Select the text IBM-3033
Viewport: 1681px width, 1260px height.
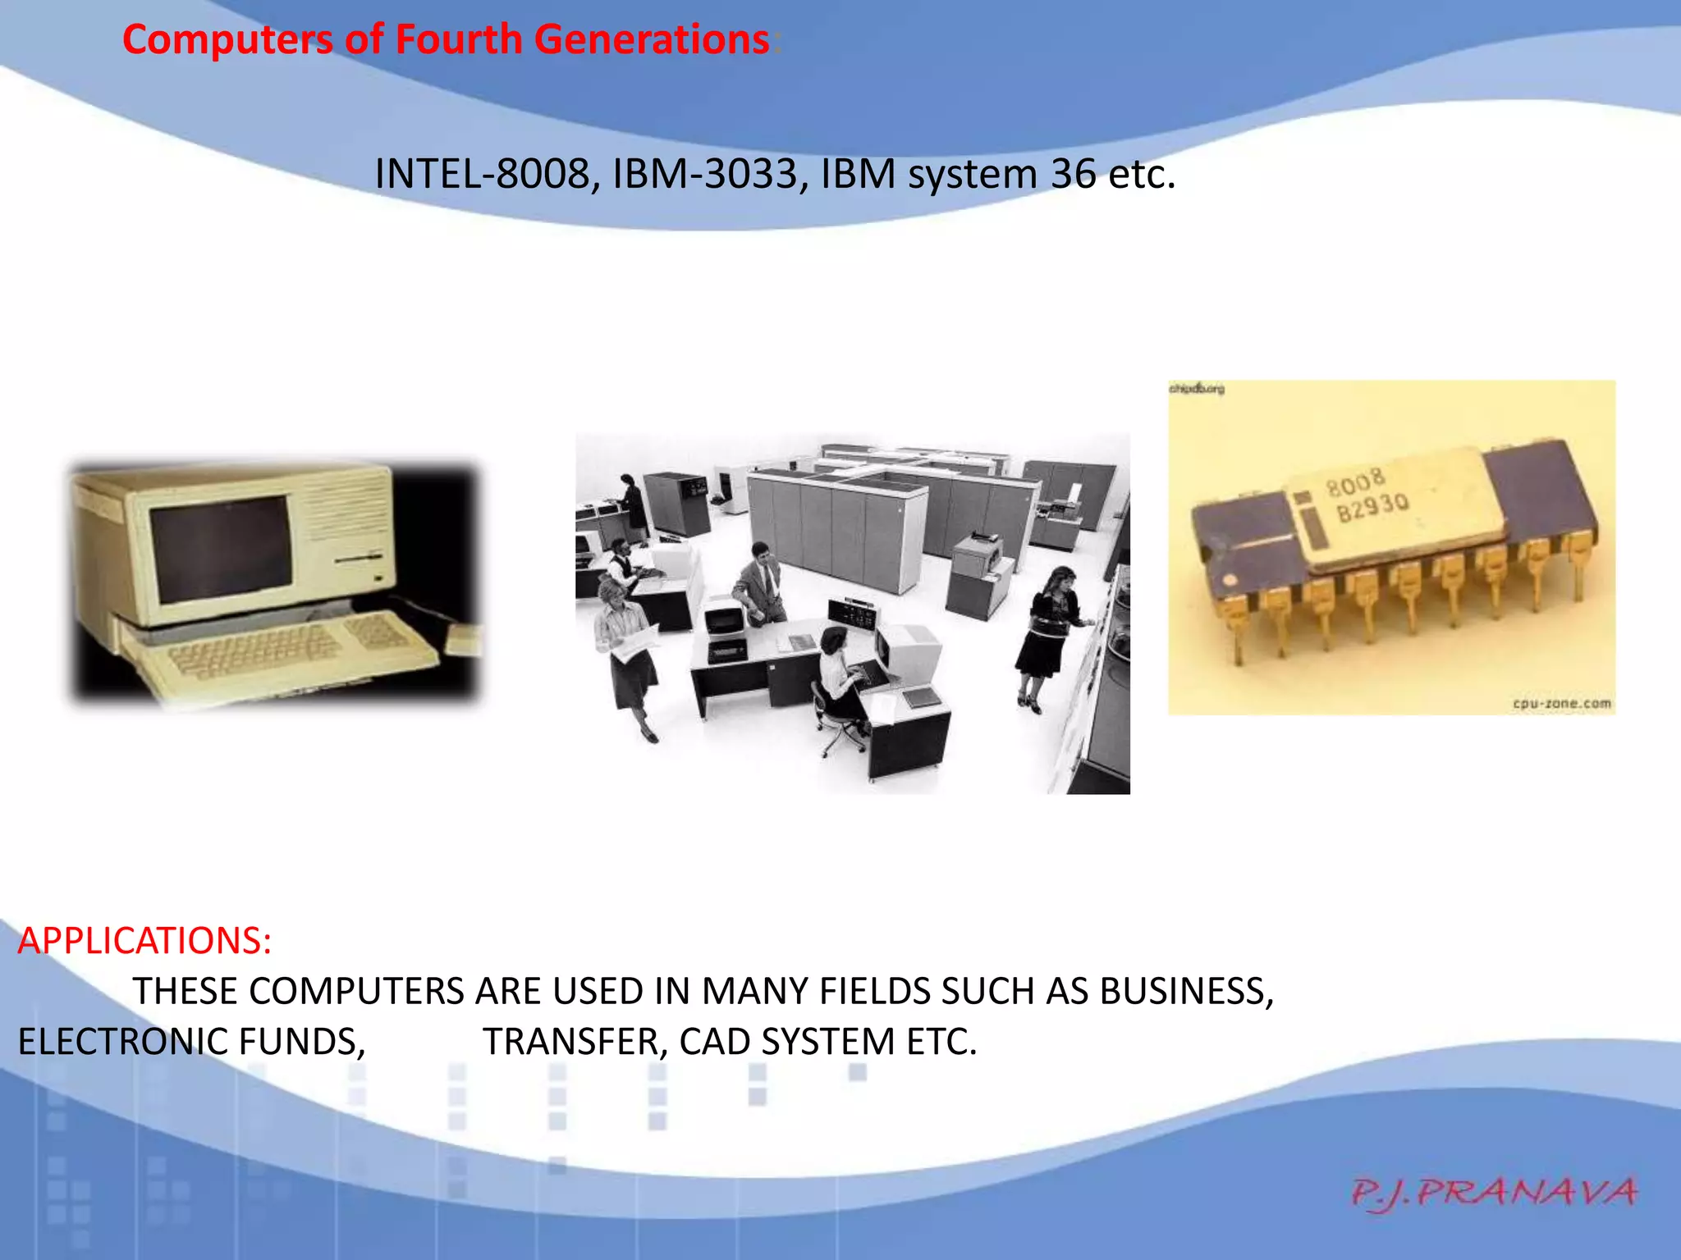pos(704,174)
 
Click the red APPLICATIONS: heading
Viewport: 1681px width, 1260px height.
pos(144,940)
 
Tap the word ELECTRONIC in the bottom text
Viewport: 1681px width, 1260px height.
pos(122,1042)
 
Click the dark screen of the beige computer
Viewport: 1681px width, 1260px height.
pos(220,548)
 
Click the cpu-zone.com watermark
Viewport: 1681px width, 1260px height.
pos(1561,703)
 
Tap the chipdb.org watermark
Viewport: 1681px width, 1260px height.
pos(1196,389)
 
